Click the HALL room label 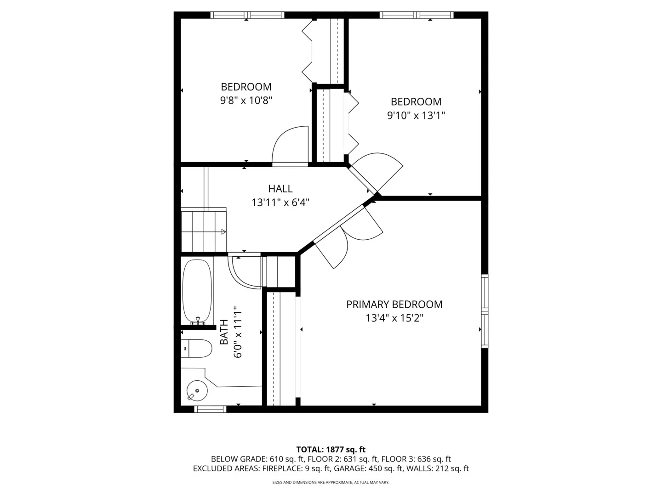click(x=280, y=188)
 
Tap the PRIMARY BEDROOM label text click(x=394, y=304)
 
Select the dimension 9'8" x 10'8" click(x=246, y=101)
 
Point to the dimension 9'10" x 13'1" click(x=416, y=115)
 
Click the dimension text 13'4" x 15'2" click(x=394, y=318)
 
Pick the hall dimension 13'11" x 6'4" click(x=280, y=202)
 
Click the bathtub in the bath click(x=197, y=291)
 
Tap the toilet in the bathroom click(x=196, y=348)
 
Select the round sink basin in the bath click(x=197, y=391)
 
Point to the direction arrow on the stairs click(x=223, y=232)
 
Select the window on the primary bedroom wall click(x=485, y=311)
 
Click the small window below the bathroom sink click(x=210, y=409)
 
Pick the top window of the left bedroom click(x=247, y=15)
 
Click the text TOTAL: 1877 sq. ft click(x=331, y=450)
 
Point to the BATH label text click(x=224, y=332)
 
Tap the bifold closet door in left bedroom click(x=307, y=51)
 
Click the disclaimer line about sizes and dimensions click(x=331, y=482)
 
